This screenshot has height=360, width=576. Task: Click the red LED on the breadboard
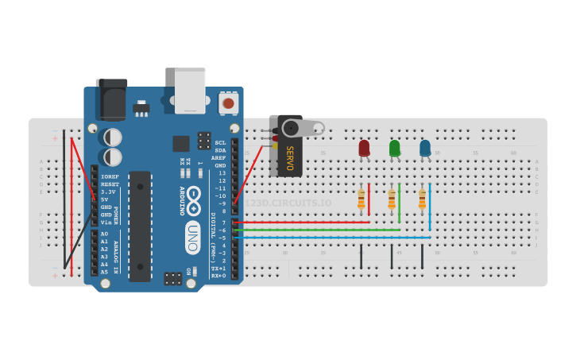(364, 148)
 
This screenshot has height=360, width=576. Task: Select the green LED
(394, 148)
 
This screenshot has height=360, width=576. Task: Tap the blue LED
(425, 148)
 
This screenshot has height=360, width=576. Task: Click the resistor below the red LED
(361, 199)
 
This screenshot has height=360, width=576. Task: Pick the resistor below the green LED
(392, 199)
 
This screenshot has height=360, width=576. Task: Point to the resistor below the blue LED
(422, 199)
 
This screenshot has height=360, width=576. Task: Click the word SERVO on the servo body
(289, 158)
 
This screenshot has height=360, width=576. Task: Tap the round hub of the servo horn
(291, 128)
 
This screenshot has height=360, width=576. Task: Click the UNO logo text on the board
(192, 237)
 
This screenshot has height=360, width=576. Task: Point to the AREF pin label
(219, 157)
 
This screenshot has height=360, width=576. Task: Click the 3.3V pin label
(108, 192)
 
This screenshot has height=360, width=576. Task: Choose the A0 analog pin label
(104, 234)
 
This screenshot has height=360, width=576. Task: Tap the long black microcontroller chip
(140, 226)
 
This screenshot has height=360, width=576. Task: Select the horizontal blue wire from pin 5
(334, 237)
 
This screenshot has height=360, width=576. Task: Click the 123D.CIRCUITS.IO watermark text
(288, 203)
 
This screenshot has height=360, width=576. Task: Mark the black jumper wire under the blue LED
(422, 256)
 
